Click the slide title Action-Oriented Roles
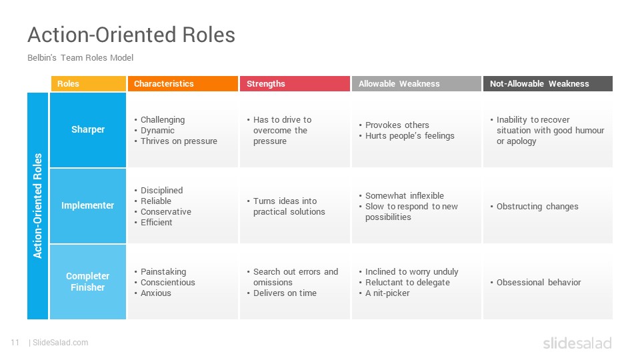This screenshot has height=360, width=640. tap(131, 35)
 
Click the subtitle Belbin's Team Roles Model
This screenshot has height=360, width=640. tap(81, 57)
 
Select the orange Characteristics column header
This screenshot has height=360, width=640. tap(183, 84)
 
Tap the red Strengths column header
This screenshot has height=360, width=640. tap(295, 84)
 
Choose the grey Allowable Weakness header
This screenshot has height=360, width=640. tap(416, 84)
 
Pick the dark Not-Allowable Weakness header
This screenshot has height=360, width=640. tap(548, 84)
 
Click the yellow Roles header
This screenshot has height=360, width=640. tap(89, 84)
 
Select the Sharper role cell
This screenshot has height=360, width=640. tap(88, 130)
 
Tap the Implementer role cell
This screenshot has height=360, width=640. tap(88, 206)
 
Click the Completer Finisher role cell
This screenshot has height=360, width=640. tap(88, 281)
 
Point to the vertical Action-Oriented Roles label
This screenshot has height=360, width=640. tap(37, 206)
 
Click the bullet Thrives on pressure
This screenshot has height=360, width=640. tap(179, 141)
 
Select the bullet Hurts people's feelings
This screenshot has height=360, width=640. tap(409, 136)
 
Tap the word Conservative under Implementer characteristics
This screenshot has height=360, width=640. tap(166, 212)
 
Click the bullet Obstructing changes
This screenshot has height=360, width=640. tap(537, 207)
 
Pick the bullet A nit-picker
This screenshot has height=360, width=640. tap(387, 293)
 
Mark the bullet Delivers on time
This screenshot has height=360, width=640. tap(285, 293)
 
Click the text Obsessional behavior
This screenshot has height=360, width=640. tap(539, 283)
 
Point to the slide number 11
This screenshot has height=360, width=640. tap(15, 343)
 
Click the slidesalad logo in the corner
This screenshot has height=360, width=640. tap(577, 343)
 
